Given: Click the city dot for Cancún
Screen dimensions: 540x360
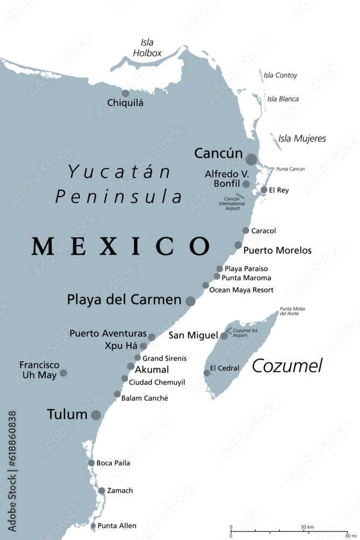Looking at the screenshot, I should click(x=251, y=159).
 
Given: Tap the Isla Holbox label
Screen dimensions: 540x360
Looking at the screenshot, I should click(x=147, y=48).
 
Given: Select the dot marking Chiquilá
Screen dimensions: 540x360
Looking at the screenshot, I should click(x=126, y=93).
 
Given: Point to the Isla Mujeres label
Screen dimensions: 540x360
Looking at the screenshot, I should click(x=302, y=139).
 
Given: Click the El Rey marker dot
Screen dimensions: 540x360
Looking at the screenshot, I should click(x=264, y=190).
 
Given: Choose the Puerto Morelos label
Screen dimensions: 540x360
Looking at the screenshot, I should click(x=277, y=251).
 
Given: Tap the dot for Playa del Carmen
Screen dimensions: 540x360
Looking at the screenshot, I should click(x=191, y=301).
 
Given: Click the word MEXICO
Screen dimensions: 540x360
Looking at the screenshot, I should click(x=120, y=246).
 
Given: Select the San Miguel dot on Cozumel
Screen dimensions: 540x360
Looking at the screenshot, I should click(x=224, y=336).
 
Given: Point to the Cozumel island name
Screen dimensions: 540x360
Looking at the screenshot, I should click(x=287, y=366).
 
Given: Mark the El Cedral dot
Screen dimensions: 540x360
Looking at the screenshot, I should click(x=207, y=373).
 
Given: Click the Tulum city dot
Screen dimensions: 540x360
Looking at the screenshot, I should click(x=96, y=415).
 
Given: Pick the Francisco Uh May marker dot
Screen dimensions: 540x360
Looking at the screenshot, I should click(x=63, y=373).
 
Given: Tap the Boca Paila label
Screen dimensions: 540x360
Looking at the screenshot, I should click(x=113, y=463).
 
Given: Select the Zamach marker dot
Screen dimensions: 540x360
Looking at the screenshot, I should click(x=101, y=491).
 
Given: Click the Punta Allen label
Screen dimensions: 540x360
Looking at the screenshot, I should click(x=117, y=525).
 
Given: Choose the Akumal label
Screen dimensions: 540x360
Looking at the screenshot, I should click(x=152, y=370).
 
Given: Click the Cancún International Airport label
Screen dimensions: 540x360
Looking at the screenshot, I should click(x=232, y=204).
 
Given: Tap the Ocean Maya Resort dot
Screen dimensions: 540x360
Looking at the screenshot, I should click(x=206, y=285).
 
